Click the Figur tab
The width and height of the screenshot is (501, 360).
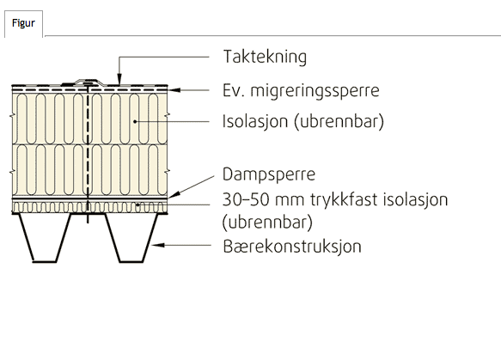pyautogui.click(x=23, y=23)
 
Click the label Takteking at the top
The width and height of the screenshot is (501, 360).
pyautogui.click(x=265, y=57)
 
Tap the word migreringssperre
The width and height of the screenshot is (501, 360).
pyautogui.click(x=315, y=90)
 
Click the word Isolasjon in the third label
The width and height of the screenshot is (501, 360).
pyautogui.click(x=255, y=121)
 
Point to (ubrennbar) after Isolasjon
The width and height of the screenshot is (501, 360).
pyautogui.click(x=339, y=121)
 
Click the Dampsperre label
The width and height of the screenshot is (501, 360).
pyautogui.click(x=269, y=174)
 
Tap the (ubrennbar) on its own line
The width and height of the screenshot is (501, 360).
pyautogui.click(x=267, y=223)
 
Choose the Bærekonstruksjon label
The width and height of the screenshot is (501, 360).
pyautogui.click(x=292, y=247)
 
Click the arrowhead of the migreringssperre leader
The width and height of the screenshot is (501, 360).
pyautogui.click(x=174, y=90)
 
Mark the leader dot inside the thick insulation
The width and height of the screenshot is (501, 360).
pyautogui.click(x=135, y=121)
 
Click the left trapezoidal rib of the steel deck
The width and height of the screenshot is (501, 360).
pyautogui.click(x=45, y=238)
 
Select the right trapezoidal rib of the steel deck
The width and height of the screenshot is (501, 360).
pyautogui.click(x=131, y=238)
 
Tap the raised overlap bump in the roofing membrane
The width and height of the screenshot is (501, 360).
pyautogui.click(x=89, y=82)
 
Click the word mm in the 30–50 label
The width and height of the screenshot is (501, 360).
pyautogui.click(x=289, y=201)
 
